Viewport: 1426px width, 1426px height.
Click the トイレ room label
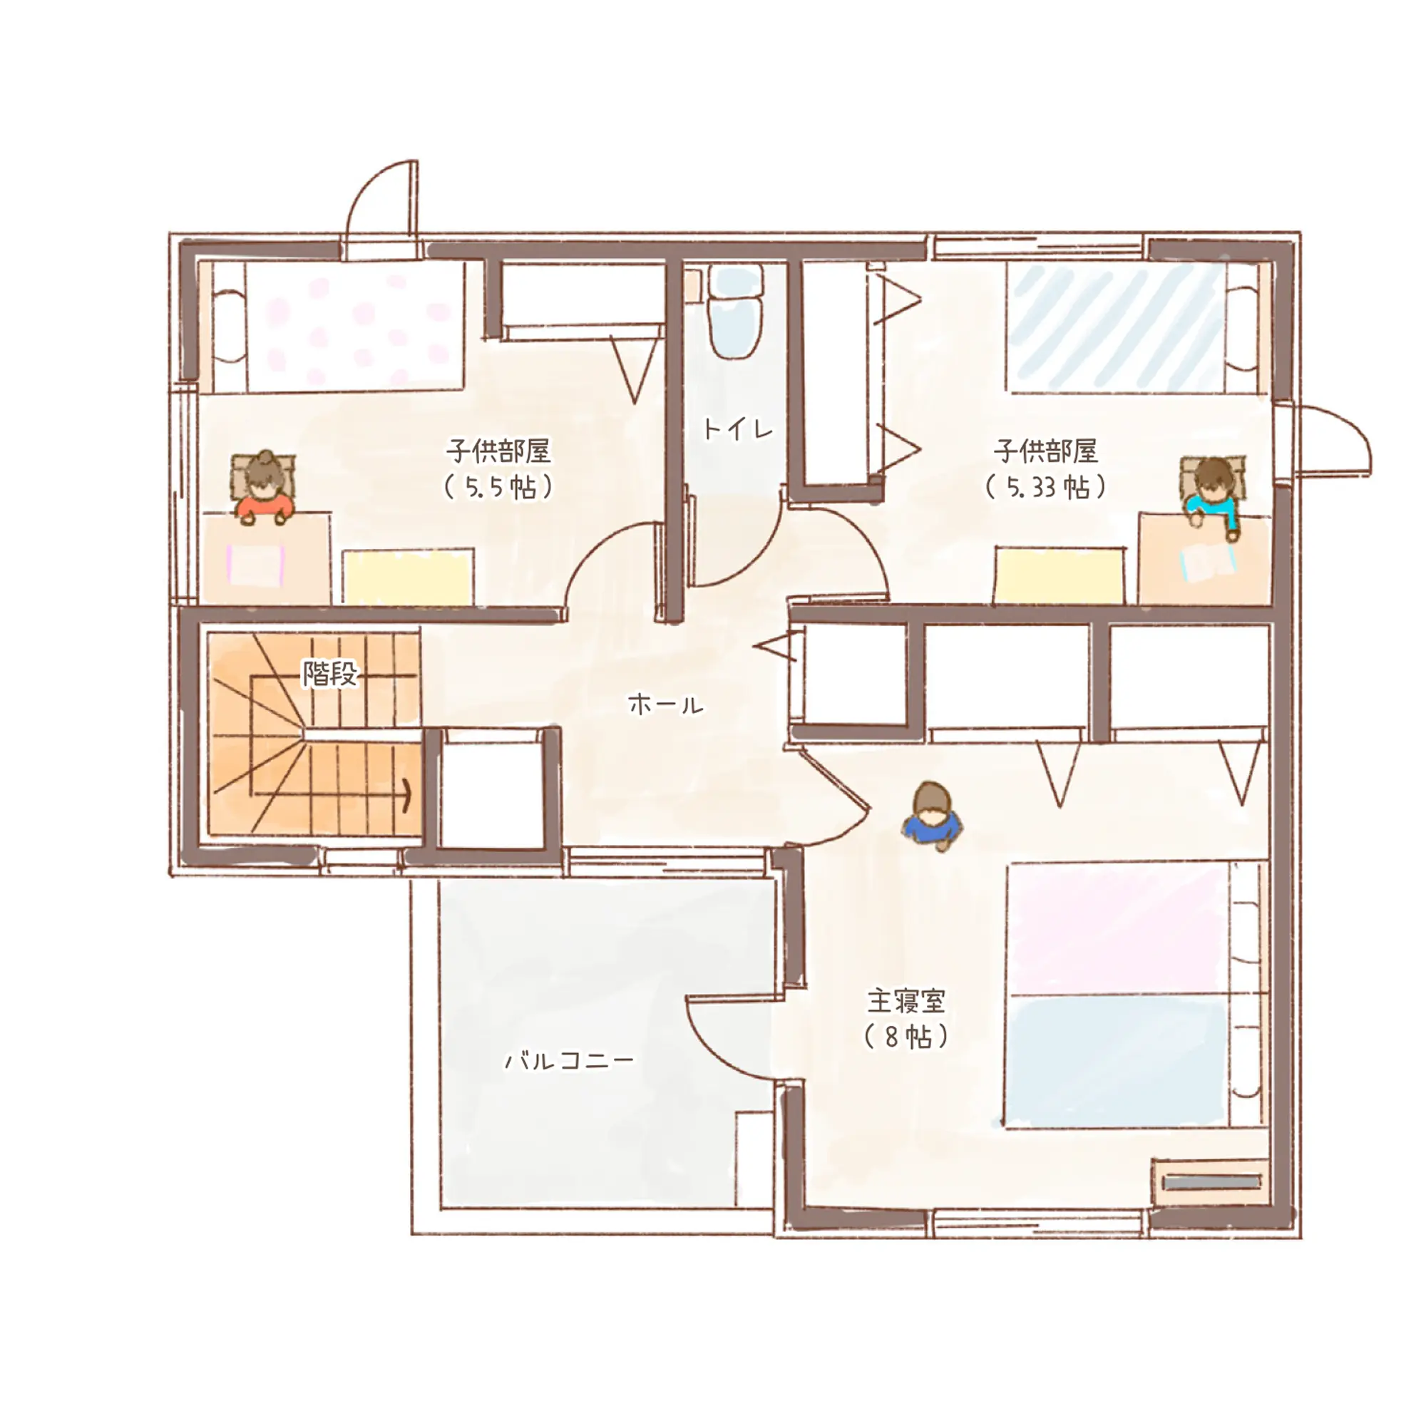point(737,429)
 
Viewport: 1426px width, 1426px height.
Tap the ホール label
point(666,704)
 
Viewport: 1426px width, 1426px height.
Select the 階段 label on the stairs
point(330,673)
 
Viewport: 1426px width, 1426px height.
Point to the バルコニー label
point(569,1061)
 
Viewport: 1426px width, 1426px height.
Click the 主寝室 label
point(906,1001)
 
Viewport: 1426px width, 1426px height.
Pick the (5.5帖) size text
point(498,487)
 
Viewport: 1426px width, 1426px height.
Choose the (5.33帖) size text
point(1045,487)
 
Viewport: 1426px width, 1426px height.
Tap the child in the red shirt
point(265,488)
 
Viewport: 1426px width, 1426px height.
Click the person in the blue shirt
point(931,816)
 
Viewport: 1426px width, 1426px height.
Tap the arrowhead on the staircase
point(406,796)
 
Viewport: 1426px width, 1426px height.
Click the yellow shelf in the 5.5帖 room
point(407,576)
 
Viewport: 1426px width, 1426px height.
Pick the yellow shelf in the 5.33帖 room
point(1060,575)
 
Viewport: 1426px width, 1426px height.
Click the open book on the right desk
point(1209,563)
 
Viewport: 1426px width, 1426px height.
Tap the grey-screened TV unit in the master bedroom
point(1211,1182)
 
